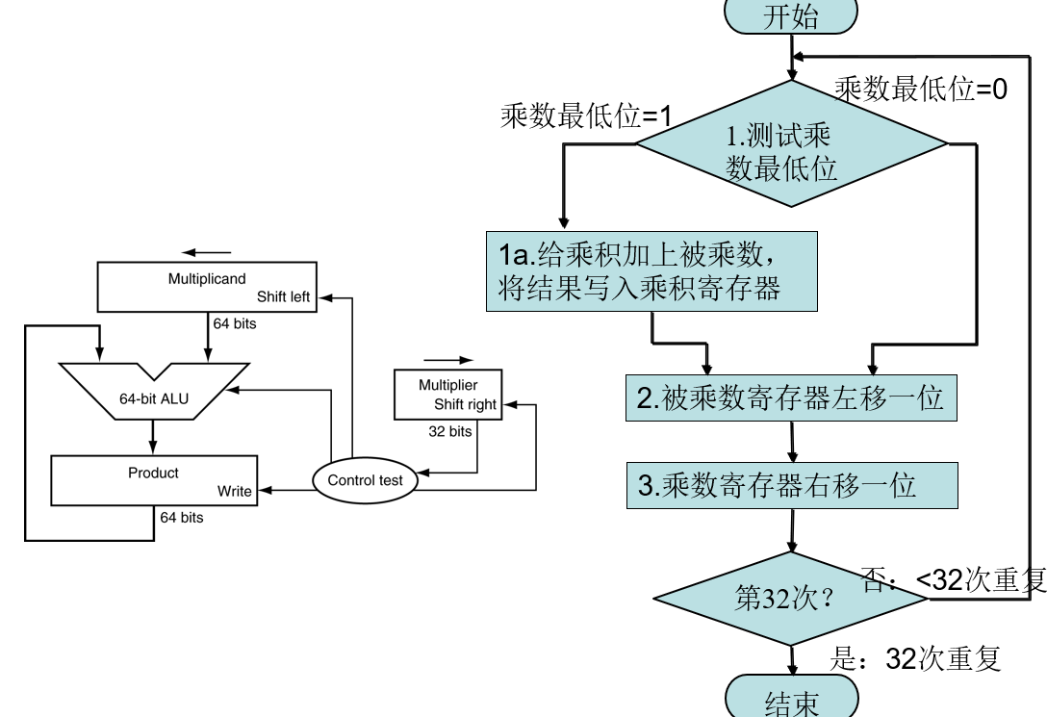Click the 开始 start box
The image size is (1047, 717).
click(x=791, y=15)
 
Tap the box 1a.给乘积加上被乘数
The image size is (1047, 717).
click(x=651, y=270)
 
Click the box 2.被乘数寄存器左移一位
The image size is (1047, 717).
click(x=791, y=397)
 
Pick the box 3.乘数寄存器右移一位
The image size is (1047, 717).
click(x=791, y=485)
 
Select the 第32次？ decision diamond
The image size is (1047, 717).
click(x=791, y=598)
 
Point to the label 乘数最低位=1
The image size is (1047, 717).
click(x=585, y=117)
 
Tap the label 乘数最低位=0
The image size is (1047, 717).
click(x=921, y=90)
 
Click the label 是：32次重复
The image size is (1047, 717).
click(x=915, y=658)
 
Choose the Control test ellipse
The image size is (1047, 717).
click(x=366, y=480)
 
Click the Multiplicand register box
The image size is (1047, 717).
click(x=207, y=287)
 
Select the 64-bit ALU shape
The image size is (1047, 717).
click(x=154, y=391)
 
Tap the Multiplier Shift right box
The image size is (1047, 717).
click(x=449, y=395)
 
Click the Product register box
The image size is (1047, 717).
click(x=154, y=480)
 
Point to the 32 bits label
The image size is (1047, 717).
click(x=449, y=431)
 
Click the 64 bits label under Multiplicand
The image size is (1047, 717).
click(x=235, y=323)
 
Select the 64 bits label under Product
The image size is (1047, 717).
click(x=182, y=518)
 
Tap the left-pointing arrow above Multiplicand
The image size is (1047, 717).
click(x=206, y=252)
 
